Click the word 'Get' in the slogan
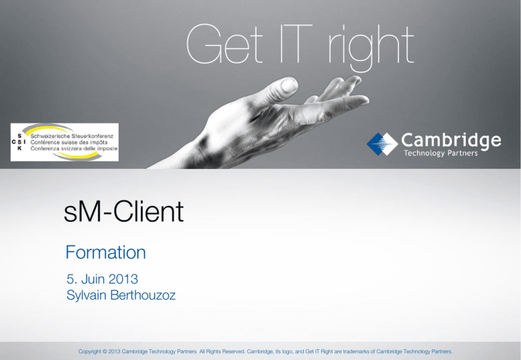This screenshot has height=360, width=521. coord(225,44)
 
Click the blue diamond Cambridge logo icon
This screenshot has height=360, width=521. coord(382,144)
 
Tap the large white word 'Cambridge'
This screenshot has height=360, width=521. coord(451,141)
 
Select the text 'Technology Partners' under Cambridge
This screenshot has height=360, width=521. coord(440,153)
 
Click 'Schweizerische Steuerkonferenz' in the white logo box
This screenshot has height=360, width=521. coord(72,136)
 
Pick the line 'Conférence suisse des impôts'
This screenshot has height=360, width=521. coord(69,142)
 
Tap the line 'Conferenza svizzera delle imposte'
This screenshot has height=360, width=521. coord(74,148)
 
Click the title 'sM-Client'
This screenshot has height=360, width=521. coord(123,212)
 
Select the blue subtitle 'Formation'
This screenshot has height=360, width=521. coord(106,252)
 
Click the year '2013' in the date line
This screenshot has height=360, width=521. coord(123,279)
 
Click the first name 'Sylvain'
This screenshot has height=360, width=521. coord(86,295)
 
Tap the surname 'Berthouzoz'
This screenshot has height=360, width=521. coord(143,295)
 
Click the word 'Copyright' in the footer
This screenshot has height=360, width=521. coord(90,351)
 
